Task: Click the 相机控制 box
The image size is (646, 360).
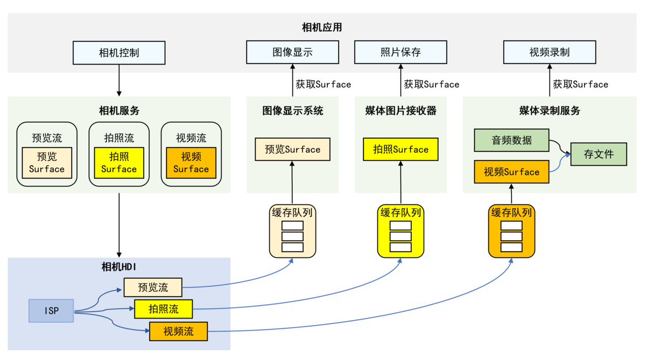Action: pos(119,53)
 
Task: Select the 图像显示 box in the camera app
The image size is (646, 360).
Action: pos(292,52)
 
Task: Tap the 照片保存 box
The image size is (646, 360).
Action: pos(401,52)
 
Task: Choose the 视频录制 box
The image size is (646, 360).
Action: pos(550,52)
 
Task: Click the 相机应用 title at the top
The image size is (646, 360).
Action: pos(322,27)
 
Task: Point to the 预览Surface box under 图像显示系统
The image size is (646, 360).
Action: pos(292,149)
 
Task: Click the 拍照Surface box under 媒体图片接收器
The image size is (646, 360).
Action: pos(401,149)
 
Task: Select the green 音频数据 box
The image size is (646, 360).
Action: pos(511,140)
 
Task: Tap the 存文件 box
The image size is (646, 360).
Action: pos(599,154)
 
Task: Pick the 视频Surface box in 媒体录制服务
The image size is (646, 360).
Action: pos(511,172)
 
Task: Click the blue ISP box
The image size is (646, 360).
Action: pos(51,310)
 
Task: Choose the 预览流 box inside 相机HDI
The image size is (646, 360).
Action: pos(153,287)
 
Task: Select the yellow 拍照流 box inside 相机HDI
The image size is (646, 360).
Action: pos(164,309)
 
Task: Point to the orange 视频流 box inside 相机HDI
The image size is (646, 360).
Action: pos(178,331)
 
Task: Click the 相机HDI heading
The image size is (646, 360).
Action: pos(119,266)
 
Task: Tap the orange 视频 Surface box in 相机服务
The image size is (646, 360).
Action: pos(191,163)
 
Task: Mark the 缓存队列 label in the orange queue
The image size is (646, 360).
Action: pos(511,213)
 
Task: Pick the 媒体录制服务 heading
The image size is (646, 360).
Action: pos(550,111)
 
